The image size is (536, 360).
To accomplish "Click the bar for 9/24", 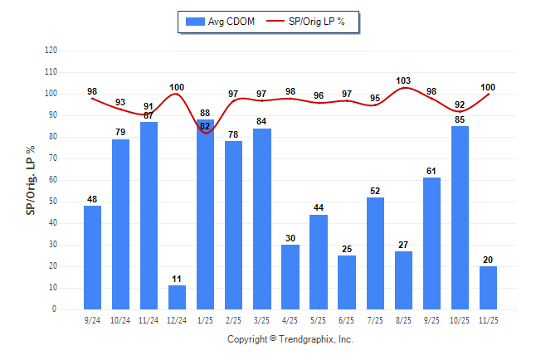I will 92,257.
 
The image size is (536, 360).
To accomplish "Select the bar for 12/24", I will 177,297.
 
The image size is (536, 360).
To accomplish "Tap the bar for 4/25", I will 290,277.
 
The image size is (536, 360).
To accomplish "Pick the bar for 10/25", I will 460,217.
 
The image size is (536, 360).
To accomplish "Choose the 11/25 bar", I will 488,287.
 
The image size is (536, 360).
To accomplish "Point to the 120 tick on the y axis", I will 51,51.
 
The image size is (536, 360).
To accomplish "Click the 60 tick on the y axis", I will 53,180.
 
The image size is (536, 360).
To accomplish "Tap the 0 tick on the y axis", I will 55,309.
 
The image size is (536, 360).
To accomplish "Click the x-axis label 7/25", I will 375,319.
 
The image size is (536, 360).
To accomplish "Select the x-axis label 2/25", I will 233,319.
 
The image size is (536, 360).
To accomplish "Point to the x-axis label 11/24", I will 149,319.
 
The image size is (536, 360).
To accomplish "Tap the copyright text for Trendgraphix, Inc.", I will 290,339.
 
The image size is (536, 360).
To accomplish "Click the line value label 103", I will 403,80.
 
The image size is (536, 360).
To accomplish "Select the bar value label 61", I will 431,171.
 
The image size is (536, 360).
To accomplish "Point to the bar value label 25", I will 347,249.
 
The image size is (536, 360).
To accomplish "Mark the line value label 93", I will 120,102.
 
